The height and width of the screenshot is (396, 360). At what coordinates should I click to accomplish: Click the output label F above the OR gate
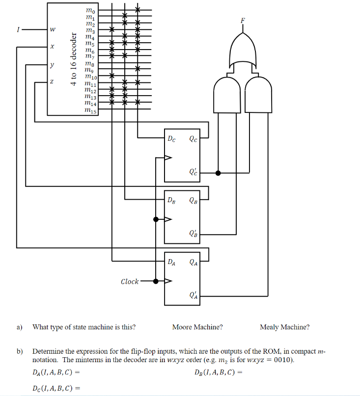[242, 21]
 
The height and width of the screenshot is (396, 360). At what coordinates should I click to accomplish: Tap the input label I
[18, 30]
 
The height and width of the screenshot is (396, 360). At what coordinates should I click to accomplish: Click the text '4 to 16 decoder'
[74, 59]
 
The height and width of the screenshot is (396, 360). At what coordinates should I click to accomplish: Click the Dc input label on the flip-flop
[172, 138]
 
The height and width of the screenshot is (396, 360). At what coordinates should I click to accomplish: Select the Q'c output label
[193, 172]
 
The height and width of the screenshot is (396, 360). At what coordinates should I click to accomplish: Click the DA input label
[172, 262]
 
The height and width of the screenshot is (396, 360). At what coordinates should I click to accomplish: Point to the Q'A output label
[193, 295]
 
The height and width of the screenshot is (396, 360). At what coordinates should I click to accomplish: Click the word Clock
[130, 282]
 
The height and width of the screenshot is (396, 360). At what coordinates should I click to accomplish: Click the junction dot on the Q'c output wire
[218, 173]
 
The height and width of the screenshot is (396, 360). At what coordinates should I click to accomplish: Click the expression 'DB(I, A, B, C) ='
[219, 372]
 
